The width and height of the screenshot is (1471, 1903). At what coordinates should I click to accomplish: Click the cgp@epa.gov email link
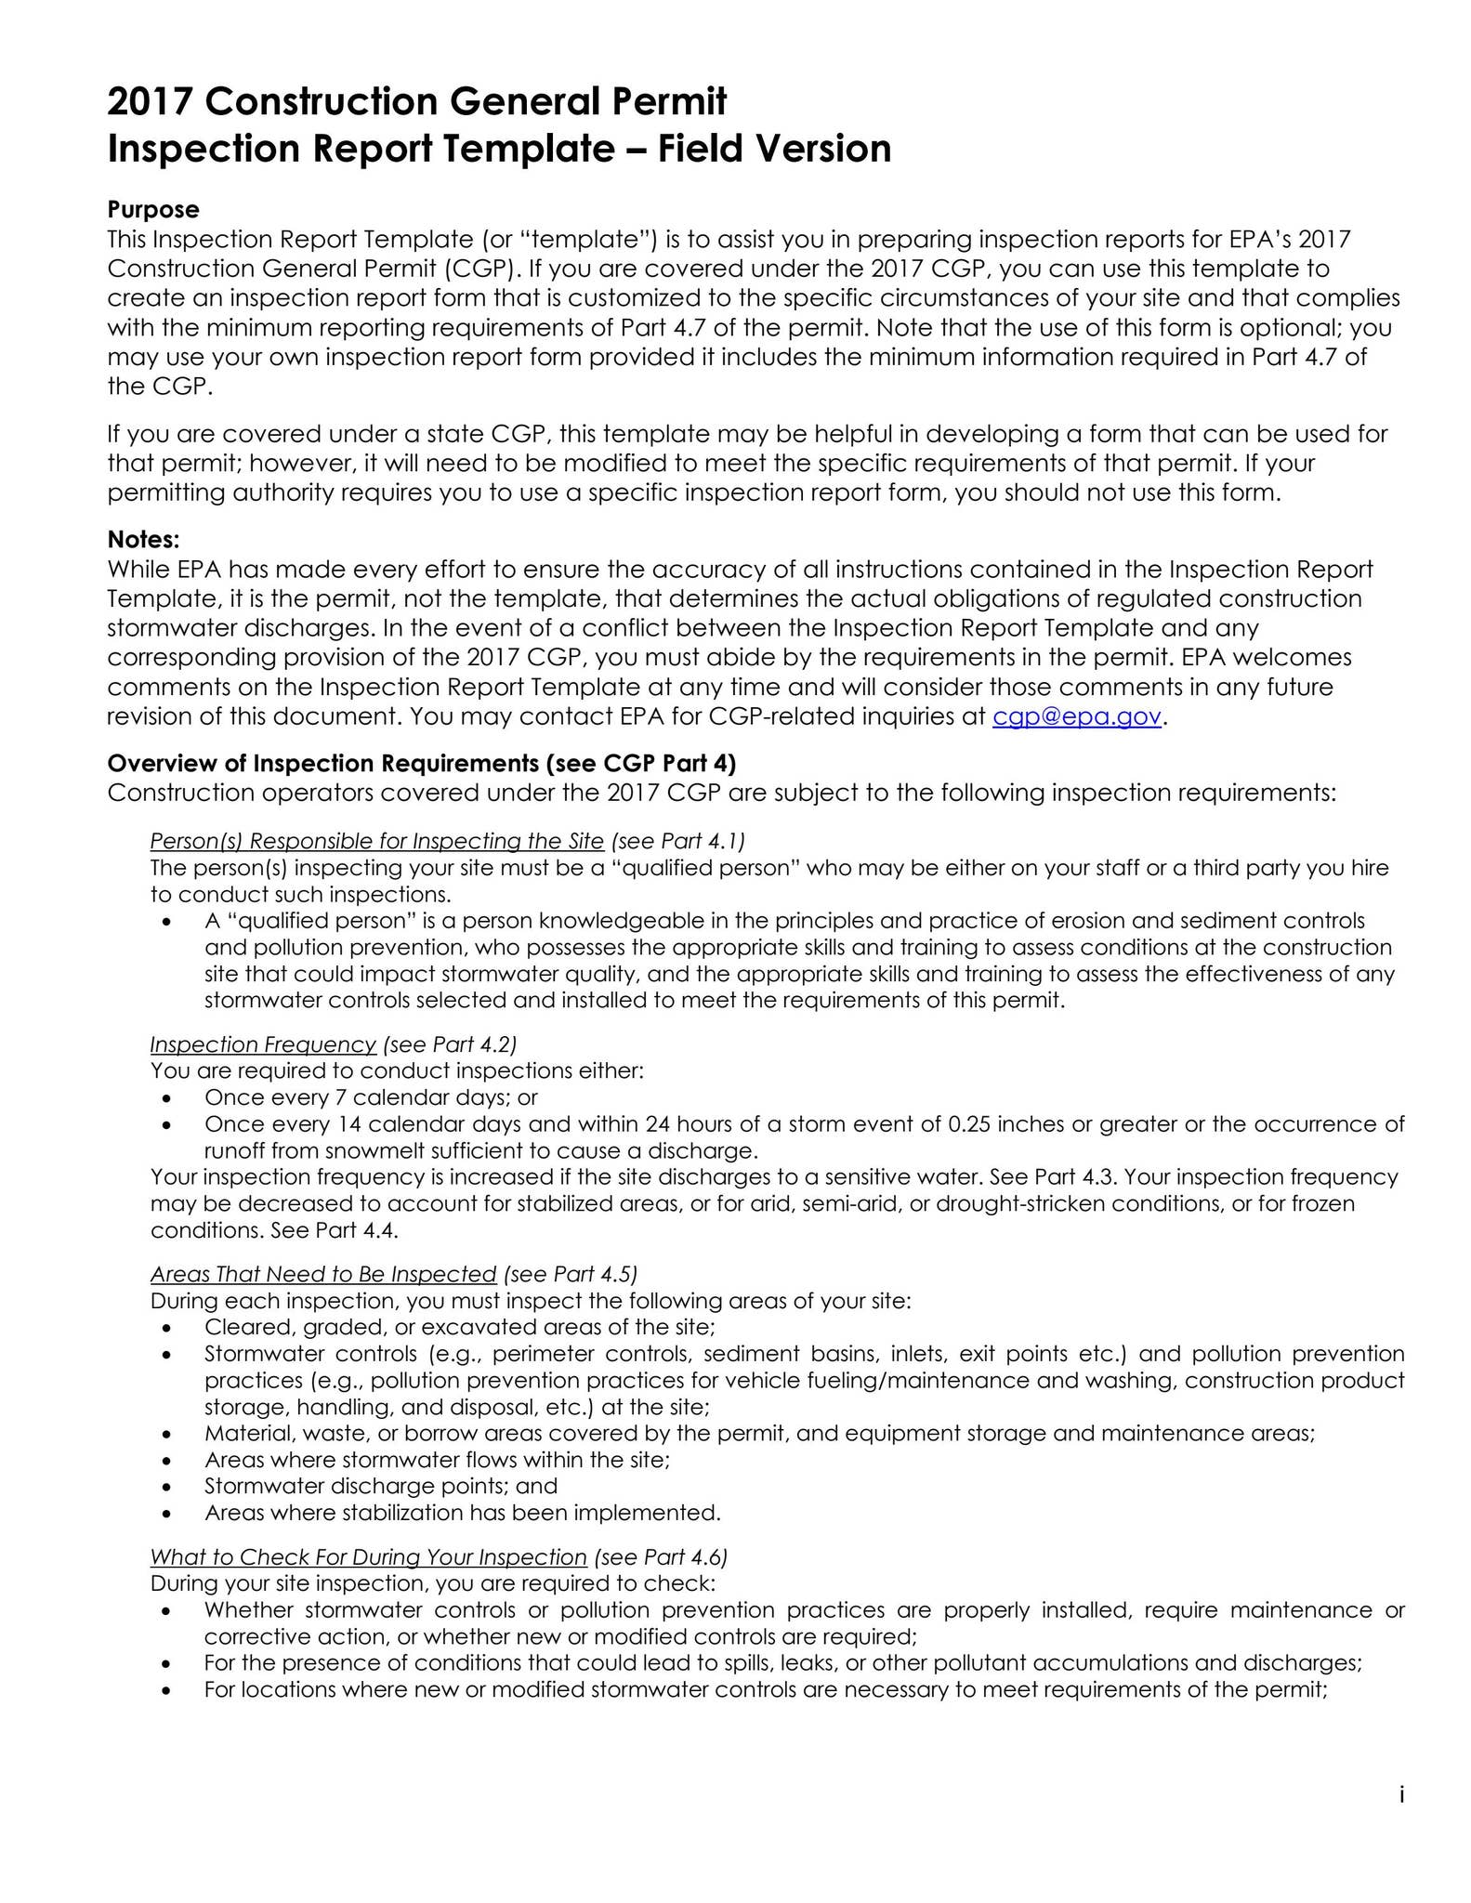coord(1076,716)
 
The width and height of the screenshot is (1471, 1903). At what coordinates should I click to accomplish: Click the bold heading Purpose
coord(153,209)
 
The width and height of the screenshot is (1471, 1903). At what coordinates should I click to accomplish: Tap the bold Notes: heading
coord(143,539)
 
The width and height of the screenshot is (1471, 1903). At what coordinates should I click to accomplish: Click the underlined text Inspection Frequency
coord(263,1044)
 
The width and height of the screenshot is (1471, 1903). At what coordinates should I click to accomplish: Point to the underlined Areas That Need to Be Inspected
coord(323,1273)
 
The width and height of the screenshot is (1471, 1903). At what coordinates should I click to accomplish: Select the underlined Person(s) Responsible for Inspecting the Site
coord(376,841)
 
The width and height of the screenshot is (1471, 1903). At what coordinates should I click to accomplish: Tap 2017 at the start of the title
coord(150,101)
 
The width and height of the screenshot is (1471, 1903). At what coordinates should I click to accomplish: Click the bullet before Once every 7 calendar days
coord(166,1098)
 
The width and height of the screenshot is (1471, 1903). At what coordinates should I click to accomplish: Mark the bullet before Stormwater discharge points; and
coord(166,1487)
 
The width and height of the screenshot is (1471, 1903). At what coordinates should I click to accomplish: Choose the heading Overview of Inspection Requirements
coord(421,763)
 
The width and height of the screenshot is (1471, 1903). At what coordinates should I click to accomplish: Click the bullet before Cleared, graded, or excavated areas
coord(166,1328)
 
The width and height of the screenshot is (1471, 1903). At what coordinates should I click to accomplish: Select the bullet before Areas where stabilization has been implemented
coord(166,1514)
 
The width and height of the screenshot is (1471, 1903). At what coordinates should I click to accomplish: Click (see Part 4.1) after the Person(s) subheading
coord(678,841)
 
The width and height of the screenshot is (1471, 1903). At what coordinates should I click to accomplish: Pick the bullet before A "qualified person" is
coord(166,922)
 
